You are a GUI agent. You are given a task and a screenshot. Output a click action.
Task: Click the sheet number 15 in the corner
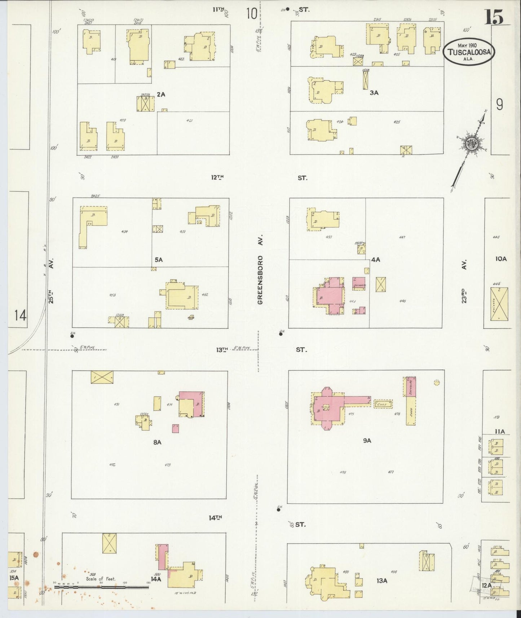click(494, 17)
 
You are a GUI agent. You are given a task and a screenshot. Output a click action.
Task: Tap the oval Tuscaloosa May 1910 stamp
click(468, 52)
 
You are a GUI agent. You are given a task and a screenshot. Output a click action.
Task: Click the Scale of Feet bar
click(101, 587)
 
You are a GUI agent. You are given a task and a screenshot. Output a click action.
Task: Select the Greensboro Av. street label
click(261, 269)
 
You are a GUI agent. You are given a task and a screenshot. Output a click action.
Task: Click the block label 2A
click(161, 94)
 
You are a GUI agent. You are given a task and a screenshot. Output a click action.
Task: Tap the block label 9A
click(367, 440)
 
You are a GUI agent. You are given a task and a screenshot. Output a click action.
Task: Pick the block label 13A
click(381, 581)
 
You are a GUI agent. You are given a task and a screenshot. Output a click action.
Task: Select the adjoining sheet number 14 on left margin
click(21, 316)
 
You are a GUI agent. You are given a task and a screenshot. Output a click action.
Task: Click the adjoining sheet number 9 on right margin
click(499, 105)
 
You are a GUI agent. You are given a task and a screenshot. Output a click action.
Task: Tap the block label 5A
click(158, 259)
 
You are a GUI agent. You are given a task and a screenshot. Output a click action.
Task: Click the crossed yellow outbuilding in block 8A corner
click(102, 377)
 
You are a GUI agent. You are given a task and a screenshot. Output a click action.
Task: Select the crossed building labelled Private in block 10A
click(499, 304)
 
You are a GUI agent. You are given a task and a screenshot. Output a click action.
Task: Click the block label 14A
click(156, 579)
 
